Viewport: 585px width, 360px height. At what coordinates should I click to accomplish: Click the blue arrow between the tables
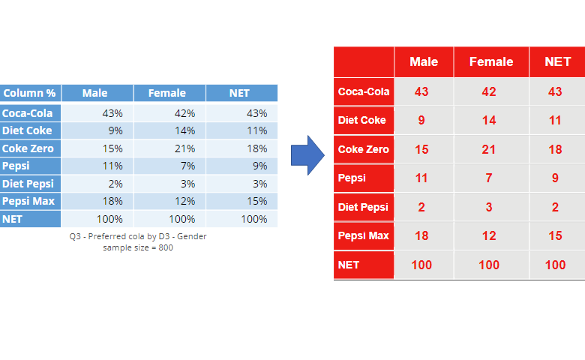307,155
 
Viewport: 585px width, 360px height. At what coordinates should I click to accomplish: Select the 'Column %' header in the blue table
29,93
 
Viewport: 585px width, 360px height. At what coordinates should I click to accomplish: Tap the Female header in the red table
491,61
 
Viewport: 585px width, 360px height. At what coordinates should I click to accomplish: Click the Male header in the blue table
94,93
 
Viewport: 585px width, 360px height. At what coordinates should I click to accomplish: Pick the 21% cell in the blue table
184,148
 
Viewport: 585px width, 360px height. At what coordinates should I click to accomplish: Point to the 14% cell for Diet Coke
184,130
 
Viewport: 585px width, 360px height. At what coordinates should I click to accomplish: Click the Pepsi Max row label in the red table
364,235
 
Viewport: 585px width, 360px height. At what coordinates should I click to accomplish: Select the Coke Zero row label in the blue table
28,148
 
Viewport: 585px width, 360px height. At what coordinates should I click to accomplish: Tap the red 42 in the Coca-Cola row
489,91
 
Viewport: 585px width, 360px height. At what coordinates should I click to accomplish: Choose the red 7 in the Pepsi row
489,178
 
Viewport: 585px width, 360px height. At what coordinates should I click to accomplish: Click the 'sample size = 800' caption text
138,247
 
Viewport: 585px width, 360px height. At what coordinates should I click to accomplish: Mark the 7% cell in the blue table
187,166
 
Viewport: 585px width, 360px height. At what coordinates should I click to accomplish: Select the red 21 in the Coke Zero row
489,149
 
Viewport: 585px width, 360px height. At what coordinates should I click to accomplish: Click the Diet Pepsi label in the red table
363,207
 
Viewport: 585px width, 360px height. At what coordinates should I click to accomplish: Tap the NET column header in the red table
558,61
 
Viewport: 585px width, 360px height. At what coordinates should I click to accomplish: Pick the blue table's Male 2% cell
115,184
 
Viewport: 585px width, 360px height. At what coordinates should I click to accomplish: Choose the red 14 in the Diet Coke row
489,121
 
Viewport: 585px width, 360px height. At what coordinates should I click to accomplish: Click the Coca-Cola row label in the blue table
27,113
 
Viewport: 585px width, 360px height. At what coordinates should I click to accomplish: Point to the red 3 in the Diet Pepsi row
489,207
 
